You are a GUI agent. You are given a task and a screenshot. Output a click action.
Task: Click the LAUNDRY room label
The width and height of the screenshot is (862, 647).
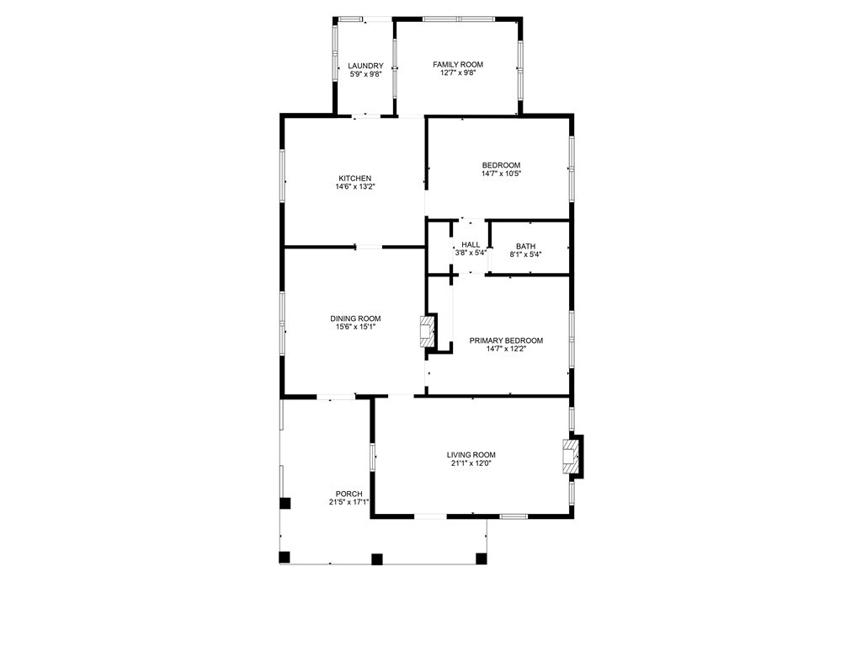(365, 66)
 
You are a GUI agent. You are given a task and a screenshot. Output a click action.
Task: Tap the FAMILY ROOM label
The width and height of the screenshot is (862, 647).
(458, 64)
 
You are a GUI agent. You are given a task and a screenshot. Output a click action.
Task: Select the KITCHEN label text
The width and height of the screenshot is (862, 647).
(354, 179)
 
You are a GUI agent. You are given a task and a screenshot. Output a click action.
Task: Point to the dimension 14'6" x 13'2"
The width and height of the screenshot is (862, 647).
(355, 186)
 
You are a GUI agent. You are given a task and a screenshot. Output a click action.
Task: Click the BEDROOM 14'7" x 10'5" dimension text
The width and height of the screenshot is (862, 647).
(501, 174)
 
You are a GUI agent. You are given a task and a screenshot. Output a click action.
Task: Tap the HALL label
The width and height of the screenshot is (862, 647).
(471, 245)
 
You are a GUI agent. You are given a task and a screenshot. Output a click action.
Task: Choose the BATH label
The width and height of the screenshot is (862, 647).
(525, 247)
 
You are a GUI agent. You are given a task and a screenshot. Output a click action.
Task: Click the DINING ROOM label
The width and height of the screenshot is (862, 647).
(356, 318)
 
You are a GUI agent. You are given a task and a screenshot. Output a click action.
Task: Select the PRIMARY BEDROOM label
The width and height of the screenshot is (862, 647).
(506, 340)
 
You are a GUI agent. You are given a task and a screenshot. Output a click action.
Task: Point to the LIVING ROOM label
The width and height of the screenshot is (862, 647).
(471, 455)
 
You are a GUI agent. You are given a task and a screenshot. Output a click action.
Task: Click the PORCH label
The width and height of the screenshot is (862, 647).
(349, 494)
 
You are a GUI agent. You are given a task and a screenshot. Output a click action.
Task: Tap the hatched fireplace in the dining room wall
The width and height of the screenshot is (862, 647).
(427, 331)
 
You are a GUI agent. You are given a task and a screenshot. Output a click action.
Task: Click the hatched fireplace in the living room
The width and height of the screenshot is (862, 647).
(571, 457)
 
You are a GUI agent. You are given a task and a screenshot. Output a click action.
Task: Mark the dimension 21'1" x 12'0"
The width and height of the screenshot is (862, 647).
(471, 463)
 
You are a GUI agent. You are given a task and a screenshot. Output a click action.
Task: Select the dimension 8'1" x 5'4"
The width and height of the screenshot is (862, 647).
(525, 254)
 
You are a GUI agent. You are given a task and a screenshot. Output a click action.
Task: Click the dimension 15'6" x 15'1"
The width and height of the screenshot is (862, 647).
(356, 327)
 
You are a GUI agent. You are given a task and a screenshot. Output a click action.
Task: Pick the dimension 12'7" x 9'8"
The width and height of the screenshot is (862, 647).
(458, 72)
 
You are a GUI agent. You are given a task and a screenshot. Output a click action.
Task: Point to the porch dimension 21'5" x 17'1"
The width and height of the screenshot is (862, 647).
(349, 502)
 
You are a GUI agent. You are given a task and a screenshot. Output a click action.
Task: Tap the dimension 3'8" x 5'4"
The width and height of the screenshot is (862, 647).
(471, 253)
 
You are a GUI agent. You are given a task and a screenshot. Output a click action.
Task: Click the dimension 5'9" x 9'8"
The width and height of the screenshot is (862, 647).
(365, 74)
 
